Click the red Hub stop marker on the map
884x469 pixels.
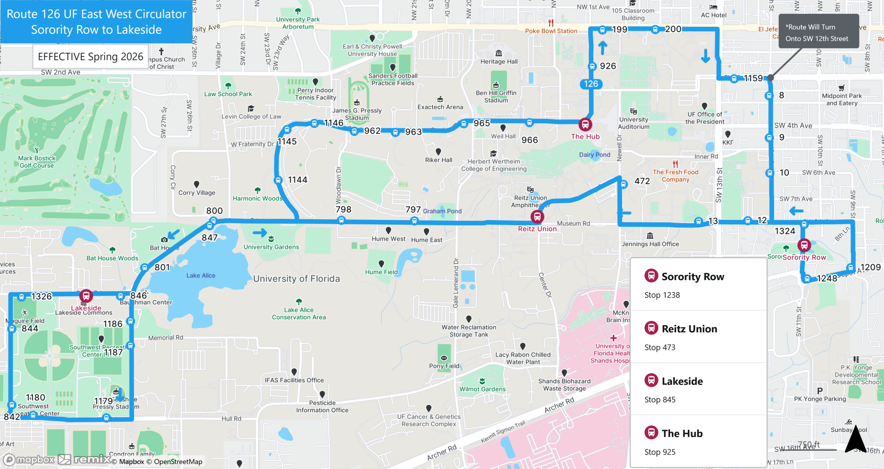click(x=585, y=124)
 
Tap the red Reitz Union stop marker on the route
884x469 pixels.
click(x=537, y=217)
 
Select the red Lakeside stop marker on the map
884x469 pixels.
click(x=86, y=296)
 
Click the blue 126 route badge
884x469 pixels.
click(x=591, y=84)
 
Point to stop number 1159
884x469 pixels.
click(x=753, y=78)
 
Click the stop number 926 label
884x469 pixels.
click(x=608, y=66)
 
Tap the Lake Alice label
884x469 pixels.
click(x=201, y=276)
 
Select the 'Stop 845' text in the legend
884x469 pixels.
click(x=660, y=400)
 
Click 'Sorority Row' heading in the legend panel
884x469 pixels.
click(x=693, y=277)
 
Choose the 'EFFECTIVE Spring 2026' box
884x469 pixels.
click(x=90, y=57)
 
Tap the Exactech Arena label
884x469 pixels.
click(x=440, y=107)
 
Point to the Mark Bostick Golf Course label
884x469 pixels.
click(x=37, y=162)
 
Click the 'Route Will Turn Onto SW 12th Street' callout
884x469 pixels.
click(x=818, y=32)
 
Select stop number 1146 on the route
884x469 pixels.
click(x=334, y=123)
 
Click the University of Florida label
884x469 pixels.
click(x=296, y=279)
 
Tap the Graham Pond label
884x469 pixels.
click(x=442, y=211)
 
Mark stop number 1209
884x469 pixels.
click(x=870, y=267)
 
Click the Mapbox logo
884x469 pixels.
click(x=29, y=459)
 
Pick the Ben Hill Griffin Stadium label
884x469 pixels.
click(x=496, y=97)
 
